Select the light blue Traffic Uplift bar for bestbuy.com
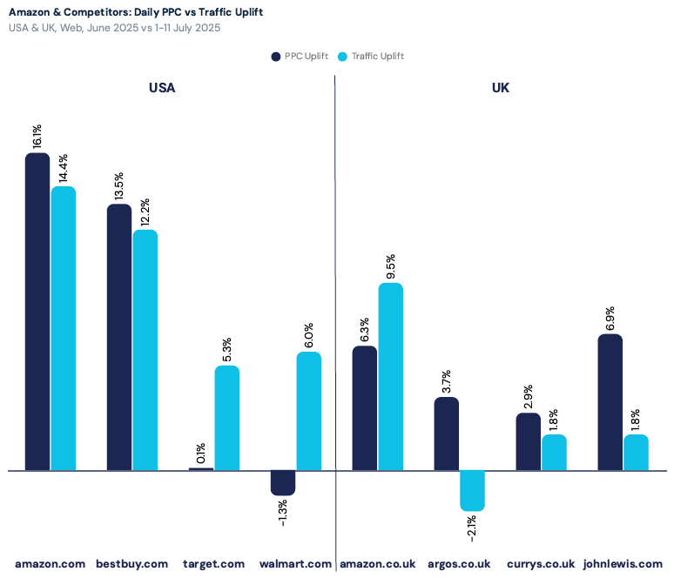(x=145, y=350)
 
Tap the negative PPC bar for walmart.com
(x=283, y=483)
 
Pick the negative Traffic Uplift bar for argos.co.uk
(x=472, y=490)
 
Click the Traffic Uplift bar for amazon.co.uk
(x=390, y=376)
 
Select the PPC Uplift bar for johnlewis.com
(x=610, y=402)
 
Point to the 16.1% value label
(x=37, y=138)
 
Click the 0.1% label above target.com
(x=201, y=453)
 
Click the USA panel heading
(x=162, y=88)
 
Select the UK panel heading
(x=500, y=88)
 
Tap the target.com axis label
(x=213, y=564)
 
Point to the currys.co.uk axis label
(x=541, y=564)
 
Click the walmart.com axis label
(x=295, y=564)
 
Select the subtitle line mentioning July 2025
(x=114, y=27)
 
